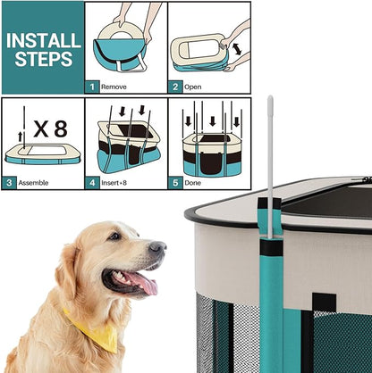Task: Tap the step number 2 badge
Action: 175,87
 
